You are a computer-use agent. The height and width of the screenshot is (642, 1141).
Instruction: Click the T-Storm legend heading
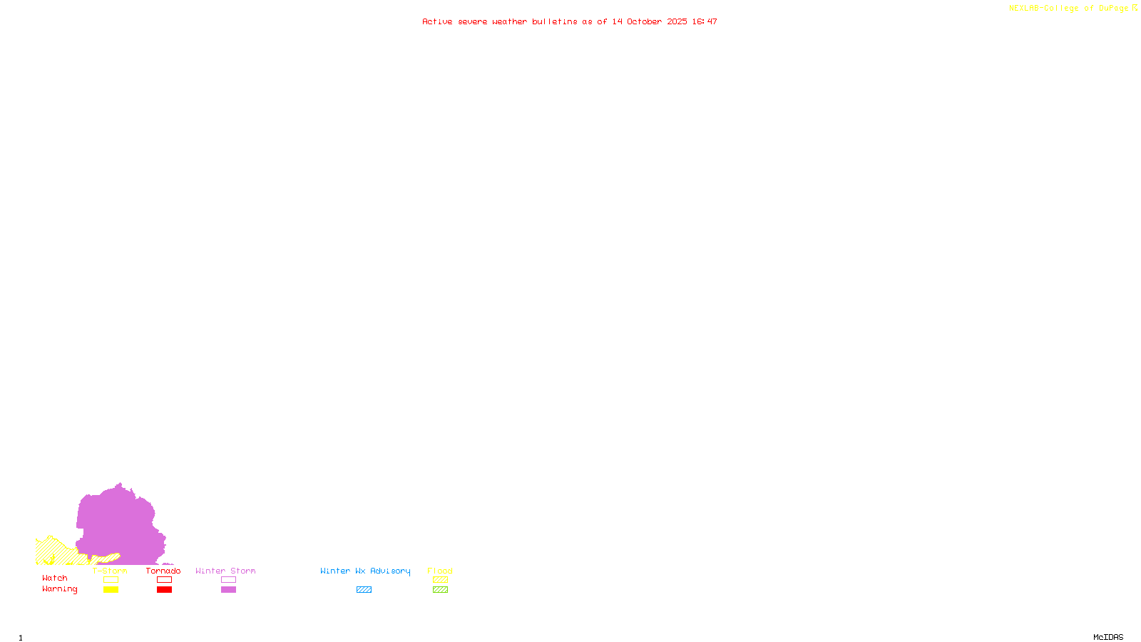tap(110, 571)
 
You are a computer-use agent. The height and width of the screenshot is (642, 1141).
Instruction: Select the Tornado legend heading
tap(163, 571)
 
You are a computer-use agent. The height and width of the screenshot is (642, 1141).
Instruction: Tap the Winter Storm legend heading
tap(225, 571)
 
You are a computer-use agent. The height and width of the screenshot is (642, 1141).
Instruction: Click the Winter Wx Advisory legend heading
tap(365, 571)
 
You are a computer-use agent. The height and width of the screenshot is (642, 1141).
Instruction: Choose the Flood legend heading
tap(440, 571)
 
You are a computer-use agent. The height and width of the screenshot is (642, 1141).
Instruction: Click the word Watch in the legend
tap(55, 578)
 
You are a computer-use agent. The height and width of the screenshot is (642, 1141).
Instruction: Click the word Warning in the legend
tap(59, 589)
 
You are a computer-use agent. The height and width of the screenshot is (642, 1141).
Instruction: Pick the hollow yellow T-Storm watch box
tap(111, 580)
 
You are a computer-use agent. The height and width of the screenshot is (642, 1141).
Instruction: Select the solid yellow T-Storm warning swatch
tap(111, 590)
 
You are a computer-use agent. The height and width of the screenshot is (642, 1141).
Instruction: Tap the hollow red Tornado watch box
tap(164, 580)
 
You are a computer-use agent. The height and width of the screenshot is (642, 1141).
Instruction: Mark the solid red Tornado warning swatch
tap(164, 590)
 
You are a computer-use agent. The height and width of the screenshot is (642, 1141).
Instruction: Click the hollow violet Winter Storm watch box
tap(228, 580)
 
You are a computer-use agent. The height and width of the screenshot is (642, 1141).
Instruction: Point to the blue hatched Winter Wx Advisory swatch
tap(364, 590)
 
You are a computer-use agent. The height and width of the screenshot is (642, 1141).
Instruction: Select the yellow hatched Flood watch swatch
tap(440, 580)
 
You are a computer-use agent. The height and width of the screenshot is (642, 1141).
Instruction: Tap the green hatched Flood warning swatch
tap(440, 590)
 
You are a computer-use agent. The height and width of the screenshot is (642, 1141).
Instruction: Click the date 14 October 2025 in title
tap(650, 21)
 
